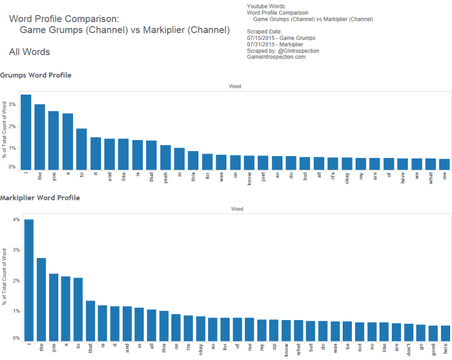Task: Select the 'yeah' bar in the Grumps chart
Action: [x=165, y=157]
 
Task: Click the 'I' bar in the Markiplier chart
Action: [x=29, y=280]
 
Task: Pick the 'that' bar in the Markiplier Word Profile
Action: [x=90, y=321]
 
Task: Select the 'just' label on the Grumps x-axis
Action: [x=263, y=179]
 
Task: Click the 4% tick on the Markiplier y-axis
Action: [x=17, y=220]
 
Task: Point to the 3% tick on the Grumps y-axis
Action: [x=13, y=104]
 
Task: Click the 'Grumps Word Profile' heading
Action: [x=36, y=75]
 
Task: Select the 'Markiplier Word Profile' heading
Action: [x=40, y=198]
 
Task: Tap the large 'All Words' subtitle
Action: [x=29, y=52]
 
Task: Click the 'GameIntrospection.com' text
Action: [x=276, y=57]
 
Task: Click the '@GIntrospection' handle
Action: [x=298, y=50]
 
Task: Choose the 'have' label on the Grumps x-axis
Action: [x=402, y=179]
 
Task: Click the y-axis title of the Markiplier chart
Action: [x=6, y=276]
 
